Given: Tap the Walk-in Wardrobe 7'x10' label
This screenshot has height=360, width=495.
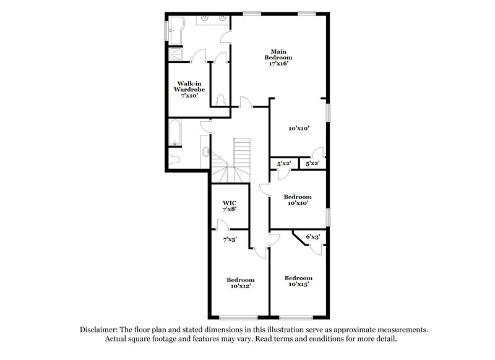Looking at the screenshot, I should pyautogui.click(x=189, y=89).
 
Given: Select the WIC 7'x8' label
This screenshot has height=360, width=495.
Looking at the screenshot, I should pyautogui.click(x=230, y=206).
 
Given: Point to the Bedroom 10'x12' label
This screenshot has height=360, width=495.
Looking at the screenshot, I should pyautogui.click(x=240, y=282).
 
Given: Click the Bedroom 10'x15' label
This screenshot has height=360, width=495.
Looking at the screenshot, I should pyautogui.click(x=298, y=281).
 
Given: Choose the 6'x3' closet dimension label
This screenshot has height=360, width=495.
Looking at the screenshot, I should pyautogui.click(x=313, y=236).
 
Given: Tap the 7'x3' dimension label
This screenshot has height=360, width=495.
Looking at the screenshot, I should pyautogui.click(x=230, y=239).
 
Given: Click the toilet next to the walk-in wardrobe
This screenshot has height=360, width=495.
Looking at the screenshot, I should pyautogui.click(x=221, y=100).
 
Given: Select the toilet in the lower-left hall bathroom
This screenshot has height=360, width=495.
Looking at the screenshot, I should pyautogui.click(x=175, y=160).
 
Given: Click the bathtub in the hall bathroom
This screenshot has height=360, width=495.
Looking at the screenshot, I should pyautogui.click(x=175, y=133).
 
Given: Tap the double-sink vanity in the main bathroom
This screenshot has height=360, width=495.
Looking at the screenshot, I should pyautogui.click(x=213, y=20).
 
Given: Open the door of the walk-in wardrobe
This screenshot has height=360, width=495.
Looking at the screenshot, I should pyautogui.click(x=199, y=58).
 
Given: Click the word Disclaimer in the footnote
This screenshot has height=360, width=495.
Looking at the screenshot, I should pyautogui.click(x=100, y=330).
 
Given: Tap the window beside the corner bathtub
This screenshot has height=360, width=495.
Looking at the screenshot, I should pyautogui.click(x=165, y=30).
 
